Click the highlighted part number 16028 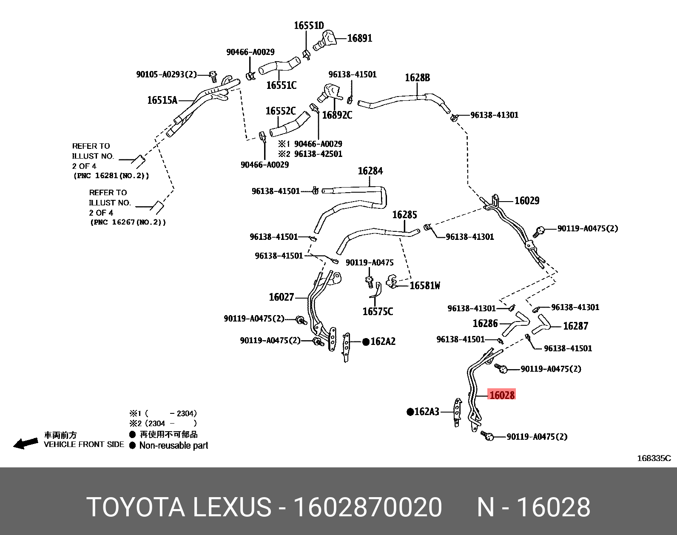point(502,395)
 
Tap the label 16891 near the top point(359,38)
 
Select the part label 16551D point(309,26)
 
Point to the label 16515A point(162,100)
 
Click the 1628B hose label point(417,78)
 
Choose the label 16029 point(527,201)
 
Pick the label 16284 point(370,171)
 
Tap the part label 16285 point(404,215)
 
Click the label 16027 point(282,297)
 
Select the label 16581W point(425,286)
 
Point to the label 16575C point(378,312)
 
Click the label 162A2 point(383,341)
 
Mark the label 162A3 point(427,412)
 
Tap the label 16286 point(485,324)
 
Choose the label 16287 point(575,326)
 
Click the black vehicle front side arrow point(26,444)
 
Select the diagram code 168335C point(654,458)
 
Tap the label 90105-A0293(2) point(166,74)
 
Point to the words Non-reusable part point(174,446)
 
